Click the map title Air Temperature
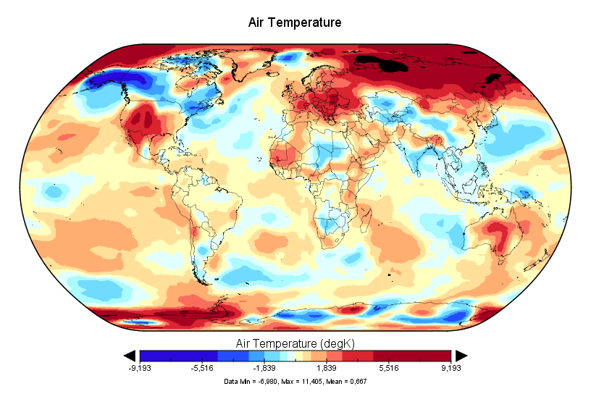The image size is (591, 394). point(295,22)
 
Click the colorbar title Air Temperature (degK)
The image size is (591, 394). point(295,342)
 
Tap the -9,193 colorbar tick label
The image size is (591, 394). point(140,368)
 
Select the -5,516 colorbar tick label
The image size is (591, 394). point(202,368)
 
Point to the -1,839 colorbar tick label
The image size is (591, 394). point(264,368)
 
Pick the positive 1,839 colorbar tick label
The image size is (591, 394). point(327,368)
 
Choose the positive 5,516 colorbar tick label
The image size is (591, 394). point(389,368)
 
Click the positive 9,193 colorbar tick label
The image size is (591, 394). point(450,368)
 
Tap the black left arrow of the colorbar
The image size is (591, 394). point(130,355)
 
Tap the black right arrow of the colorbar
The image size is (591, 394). point(461,355)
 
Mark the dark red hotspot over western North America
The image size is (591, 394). point(143,122)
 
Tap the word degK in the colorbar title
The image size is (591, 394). point(337,342)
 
